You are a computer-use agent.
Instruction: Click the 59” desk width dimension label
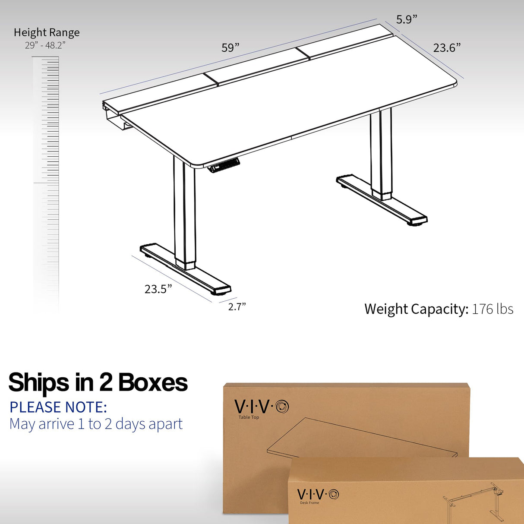[x=230, y=47]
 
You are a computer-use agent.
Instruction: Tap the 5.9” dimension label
[x=407, y=19]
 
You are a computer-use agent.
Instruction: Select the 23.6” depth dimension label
[x=447, y=47]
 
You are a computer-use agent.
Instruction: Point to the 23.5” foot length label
[x=158, y=289]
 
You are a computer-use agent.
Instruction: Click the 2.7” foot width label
[x=237, y=306]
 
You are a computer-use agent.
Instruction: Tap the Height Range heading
[x=47, y=32]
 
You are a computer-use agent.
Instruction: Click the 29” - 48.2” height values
[x=45, y=45]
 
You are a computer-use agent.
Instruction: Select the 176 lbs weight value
[x=492, y=309]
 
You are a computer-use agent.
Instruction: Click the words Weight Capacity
[x=416, y=309]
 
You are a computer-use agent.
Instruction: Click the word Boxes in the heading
[x=153, y=382]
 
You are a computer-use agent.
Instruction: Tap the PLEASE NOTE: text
[x=58, y=407]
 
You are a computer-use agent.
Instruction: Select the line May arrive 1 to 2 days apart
[x=96, y=424]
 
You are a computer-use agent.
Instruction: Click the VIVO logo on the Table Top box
[x=261, y=407]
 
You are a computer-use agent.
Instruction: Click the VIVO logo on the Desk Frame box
[x=318, y=494]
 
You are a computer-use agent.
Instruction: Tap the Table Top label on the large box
[x=249, y=417]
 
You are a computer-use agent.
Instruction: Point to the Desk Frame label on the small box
[x=309, y=503]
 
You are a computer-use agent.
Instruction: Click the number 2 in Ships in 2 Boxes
[x=106, y=382]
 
